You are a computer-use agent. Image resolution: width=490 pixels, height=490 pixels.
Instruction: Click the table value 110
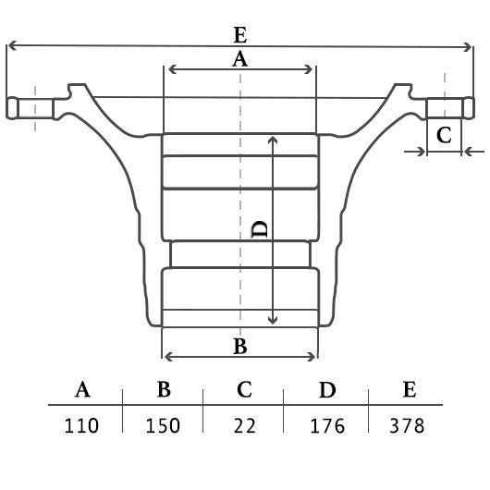point(81,425)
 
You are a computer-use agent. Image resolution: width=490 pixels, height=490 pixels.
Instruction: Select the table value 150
point(163,425)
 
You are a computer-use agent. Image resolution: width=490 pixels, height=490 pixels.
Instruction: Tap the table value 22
point(245,425)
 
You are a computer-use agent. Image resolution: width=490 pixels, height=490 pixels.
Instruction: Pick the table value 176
point(327,425)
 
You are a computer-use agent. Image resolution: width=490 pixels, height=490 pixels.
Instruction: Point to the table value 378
point(407,425)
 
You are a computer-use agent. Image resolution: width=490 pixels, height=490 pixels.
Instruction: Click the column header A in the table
point(82,389)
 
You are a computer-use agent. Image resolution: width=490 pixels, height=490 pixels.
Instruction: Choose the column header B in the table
point(164,389)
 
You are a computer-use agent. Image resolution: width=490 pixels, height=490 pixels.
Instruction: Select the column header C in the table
point(244,389)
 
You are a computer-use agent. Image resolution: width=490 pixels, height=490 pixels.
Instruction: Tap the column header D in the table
point(327,389)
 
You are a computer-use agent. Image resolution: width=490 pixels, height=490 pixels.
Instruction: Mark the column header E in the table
point(410,389)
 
